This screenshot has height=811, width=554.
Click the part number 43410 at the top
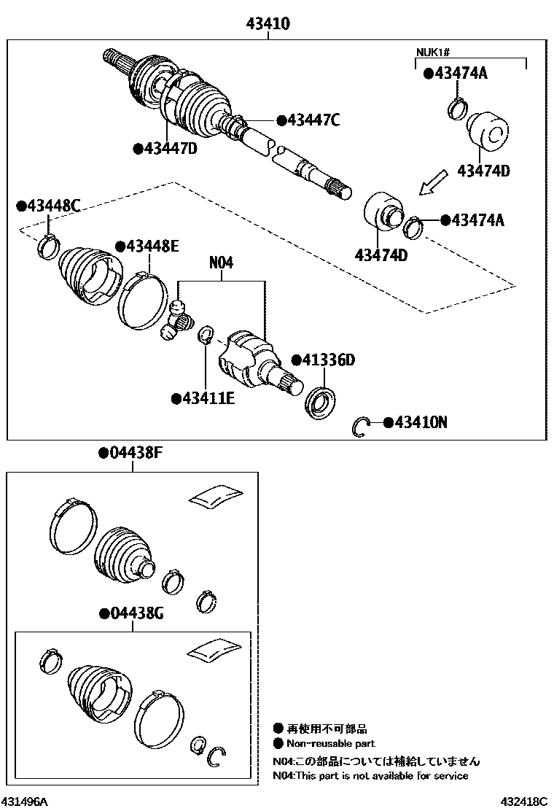(x=268, y=23)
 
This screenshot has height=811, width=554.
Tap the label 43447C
(x=313, y=120)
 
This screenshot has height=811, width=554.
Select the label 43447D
(x=170, y=150)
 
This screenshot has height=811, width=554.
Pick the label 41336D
(x=327, y=360)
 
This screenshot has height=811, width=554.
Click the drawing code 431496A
(x=26, y=802)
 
